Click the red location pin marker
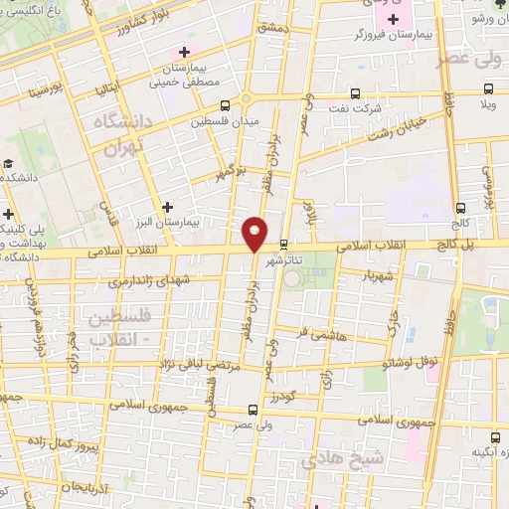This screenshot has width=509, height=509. click(x=255, y=234)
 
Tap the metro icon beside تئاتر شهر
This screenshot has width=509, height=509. click(x=283, y=244)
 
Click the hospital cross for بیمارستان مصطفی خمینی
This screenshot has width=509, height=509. click(x=183, y=52)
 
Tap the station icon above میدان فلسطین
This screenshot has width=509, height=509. click(x=225, y=104)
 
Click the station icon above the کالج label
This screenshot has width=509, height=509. click(x=460, y=209)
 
